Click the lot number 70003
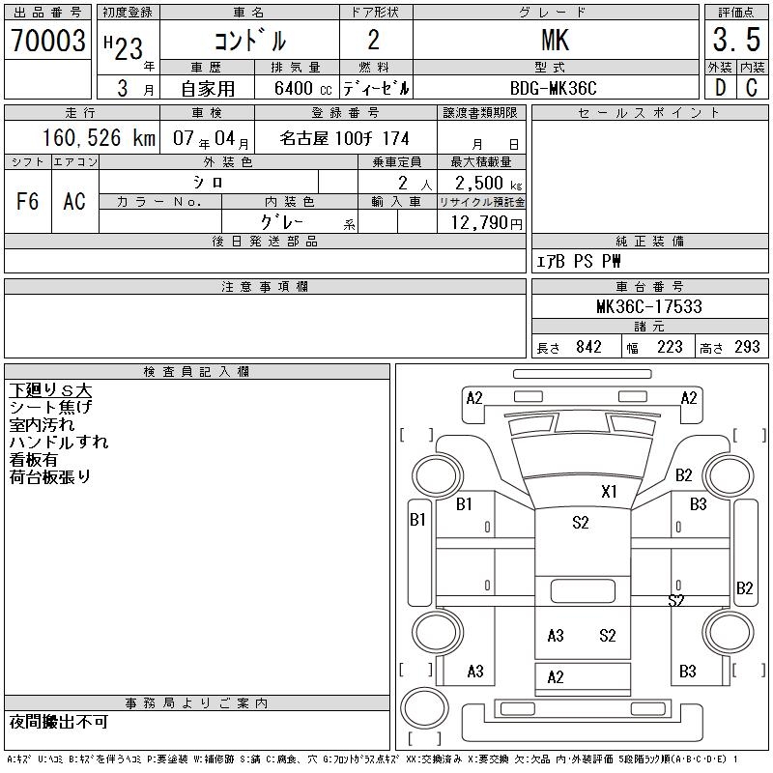[48, 41]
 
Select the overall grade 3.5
[736, 40]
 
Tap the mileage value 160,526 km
[99, 138]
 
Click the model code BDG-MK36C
[553, 88]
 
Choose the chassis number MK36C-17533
[648, 306]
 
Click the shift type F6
[28, 201]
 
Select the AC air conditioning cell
[74, 201]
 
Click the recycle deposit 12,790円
[487, 223]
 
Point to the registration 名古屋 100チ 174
[345, 138]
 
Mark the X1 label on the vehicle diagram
[609, 492]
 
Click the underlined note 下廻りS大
[50, 390]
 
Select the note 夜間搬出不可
[59, 722]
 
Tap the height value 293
[747, 347]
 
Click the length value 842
[588, 347]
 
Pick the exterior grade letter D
[720, 88]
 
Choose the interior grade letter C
[752, 88]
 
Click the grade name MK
[555, 40]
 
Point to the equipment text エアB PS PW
[578, 261]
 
